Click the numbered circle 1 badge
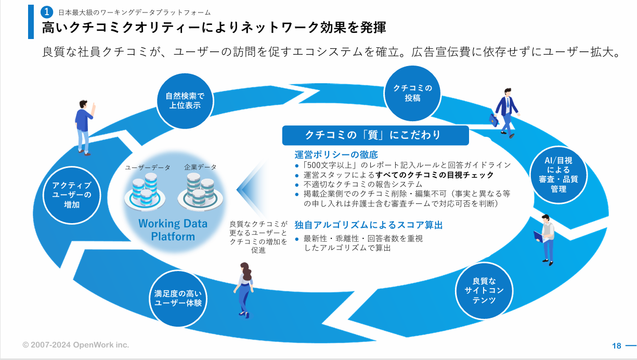pyautogui.click(x=47, y=12)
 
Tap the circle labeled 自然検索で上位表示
pyautogui.click(x=185, y=101)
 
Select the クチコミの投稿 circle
pyautogui.click(x=412, y=93)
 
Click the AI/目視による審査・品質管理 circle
pyautogui.click(x=558, y=175)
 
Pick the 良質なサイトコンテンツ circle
pyautogui.click(x=484, y=291)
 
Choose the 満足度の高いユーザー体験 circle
pyautogui.click(x=178, y=299)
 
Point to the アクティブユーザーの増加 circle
pyautogui.click(x=72, y=195)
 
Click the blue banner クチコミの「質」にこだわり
pyautogui.click(x=375, y=135)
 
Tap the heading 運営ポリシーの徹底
pyautogui.click(x=336, y=155)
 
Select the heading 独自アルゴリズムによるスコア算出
pyautogui.click(x=369, y=225)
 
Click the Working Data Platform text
pyautogui.click(x=173, y=230)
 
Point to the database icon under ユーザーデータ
pyautogui.click(x=145, y=191)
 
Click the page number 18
pyautogui.click(x=617, y=346)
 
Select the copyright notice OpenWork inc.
pyautogui.click(x=75, y=345)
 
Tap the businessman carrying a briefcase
pyautogui.click(x=505, y=113)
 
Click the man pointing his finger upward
pyautogui.click(x=85, y=127)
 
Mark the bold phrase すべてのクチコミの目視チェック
pyautogui.click(x=434, y=175)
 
